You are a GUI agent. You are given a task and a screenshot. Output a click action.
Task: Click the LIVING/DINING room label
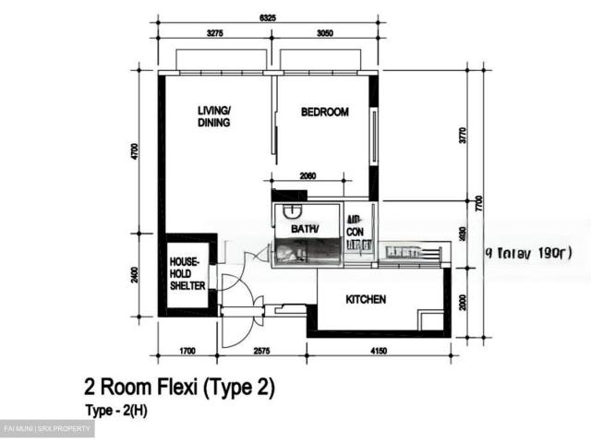point(214,117)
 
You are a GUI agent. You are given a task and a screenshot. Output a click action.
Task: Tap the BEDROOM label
point(324,113)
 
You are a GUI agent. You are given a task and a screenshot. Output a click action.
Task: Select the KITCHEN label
point(366,300)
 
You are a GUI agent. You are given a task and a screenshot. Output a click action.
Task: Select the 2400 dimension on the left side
point(135,274)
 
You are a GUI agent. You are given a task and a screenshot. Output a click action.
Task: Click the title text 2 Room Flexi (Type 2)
point(178,387)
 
